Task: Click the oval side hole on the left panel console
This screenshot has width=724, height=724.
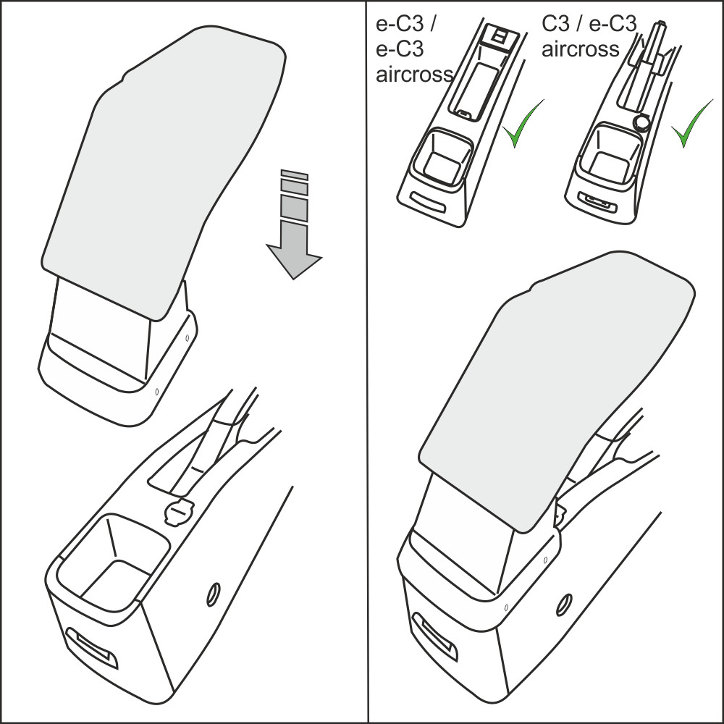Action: pos(214,594)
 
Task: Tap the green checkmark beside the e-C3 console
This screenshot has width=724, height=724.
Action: pos(523,123)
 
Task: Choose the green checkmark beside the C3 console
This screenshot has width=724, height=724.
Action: pos(691,123)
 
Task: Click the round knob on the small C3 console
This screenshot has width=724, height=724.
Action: pos(641,122)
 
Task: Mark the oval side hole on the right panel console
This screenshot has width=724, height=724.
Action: pos(564,604)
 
